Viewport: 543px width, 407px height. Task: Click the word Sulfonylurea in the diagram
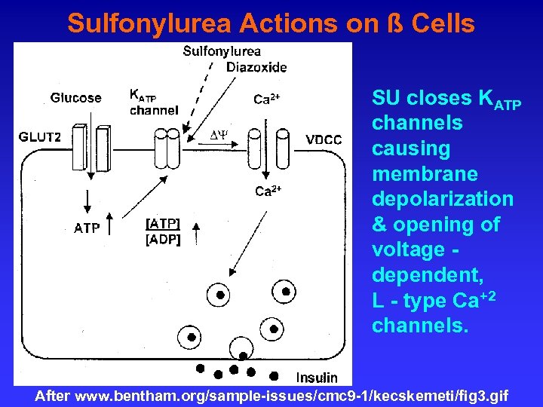[222, 51]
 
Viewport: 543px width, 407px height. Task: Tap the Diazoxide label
[256, 67]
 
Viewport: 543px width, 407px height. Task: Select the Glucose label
[75, 97]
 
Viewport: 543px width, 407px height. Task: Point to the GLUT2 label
[40, 137]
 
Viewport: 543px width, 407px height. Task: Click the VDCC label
[324, 139]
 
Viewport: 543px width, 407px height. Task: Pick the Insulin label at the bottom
[317, 377]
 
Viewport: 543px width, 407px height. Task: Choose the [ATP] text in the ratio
[163, 224]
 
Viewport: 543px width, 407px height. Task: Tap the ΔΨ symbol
[219, 134]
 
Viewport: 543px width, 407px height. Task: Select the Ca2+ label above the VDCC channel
[267, 99]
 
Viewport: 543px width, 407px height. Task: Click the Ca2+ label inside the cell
[268, 191]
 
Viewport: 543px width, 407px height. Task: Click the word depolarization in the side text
[442, 199]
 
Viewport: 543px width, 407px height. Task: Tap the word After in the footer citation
[53, 396]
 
